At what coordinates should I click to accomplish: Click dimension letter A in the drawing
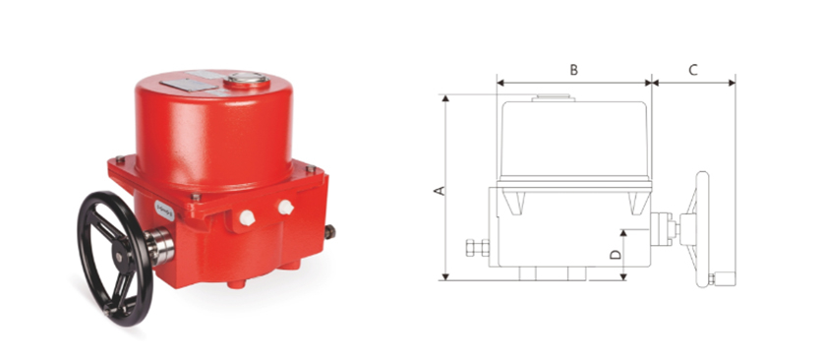tap(441, 190)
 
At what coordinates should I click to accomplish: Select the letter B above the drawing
tap(574, 70)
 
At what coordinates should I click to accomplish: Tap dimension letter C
tap(693, 70)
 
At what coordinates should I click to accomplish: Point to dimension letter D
tap(616, 255)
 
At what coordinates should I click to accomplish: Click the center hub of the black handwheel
tap(120, 257)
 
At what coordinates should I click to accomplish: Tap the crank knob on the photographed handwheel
tap(108, 311)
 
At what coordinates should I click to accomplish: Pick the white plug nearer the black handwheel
tap(247, 217)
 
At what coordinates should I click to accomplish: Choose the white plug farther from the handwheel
tap(286, 207)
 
